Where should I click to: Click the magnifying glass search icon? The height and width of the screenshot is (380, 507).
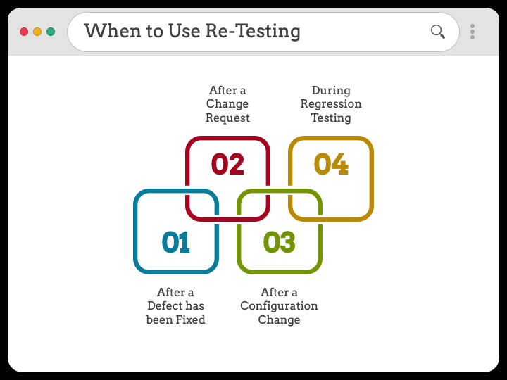pos(437,31)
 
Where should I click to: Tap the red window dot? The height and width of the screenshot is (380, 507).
pos(24,32)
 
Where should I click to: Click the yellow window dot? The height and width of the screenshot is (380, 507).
pos(37,32)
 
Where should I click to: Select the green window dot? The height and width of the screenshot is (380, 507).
pos(51,32)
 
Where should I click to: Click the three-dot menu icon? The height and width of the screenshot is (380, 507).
pos(472,32)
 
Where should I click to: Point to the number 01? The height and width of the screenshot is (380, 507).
pos(176,242)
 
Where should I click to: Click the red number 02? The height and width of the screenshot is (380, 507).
pos(227,164)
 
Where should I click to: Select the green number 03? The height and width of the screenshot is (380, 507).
pos(279,242)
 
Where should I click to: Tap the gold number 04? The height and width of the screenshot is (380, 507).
pos(331,164)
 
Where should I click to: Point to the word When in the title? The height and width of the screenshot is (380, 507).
pos(112,31)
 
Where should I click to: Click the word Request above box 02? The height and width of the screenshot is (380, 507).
pos(227,118)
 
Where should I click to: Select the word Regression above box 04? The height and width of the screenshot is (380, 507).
pos(331,104)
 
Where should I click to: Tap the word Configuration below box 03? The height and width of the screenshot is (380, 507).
pos(279,306)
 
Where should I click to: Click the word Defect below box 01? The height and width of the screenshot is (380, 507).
pos(165,306)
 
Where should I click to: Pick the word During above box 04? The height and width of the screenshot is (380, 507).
pos(331,90)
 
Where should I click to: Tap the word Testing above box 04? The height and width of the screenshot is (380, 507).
pos(331,118)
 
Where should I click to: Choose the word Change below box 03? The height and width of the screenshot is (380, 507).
pos(279,319)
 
